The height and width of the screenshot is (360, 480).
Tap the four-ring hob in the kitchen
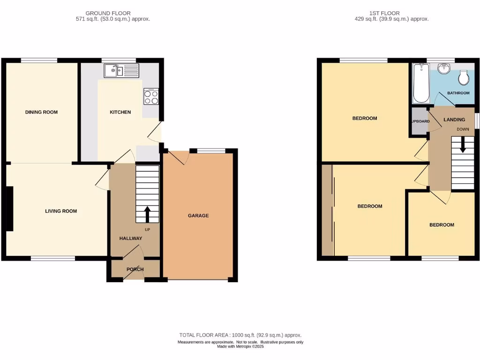pos(151,97)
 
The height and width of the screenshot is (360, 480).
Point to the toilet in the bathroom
pos(464,78)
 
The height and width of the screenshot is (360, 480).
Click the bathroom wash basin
pos(443,70)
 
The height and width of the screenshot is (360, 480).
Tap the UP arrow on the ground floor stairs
pos(147,214)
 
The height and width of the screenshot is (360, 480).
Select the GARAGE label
pos(198,216)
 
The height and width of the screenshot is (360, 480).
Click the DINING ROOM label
pos(41,112)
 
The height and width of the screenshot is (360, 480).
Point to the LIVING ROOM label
pos(61,211)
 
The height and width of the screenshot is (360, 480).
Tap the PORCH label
pos(135,270)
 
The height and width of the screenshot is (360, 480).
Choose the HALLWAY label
pos(130,239)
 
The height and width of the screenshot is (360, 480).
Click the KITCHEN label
pos(120,112)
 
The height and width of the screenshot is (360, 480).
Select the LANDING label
pos(454,120)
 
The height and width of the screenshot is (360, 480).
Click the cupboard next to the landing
pos(420,121)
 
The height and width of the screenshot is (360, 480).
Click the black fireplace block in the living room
pos(9,209)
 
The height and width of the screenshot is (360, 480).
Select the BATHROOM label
pos(458,93)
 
